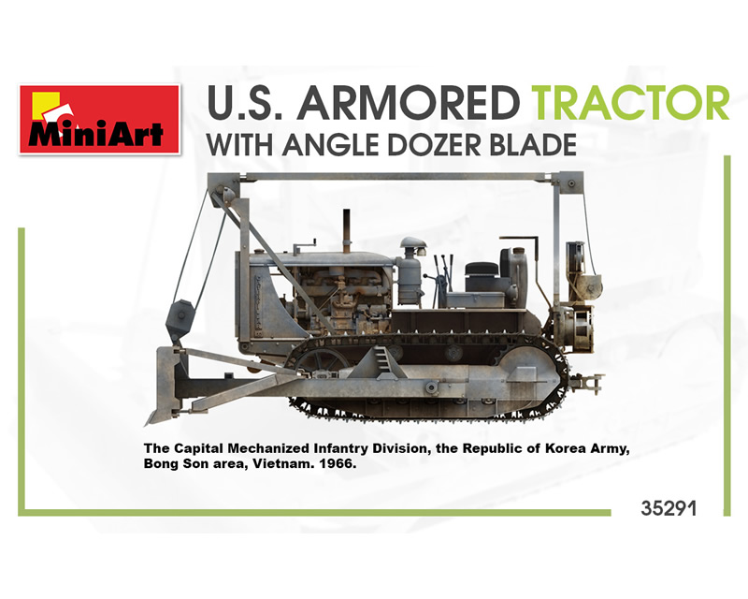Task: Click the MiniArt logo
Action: (x=100, y=120)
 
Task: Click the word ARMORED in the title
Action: (x=408, y=103)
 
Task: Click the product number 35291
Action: (x=669, y=508)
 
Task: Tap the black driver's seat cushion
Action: (x=482, y=270)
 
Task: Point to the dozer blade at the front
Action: (x=167, y=386)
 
